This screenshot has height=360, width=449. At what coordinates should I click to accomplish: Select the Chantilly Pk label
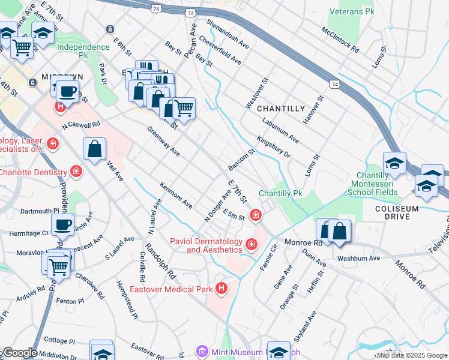pyautogui.click(x=280, y=194)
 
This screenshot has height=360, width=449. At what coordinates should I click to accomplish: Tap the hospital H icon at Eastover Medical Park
pyautogui.click(x=221, y=289)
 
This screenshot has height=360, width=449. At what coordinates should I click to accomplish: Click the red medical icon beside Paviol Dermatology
pyautogui.click(x=250, y=244)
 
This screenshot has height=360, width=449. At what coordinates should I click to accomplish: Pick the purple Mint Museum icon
pyautogui.click(x=202, y=351)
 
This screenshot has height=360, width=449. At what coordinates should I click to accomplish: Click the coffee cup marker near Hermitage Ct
pyautogui.click(x=62, y=225)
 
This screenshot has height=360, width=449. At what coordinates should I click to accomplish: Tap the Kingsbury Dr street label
pyautogui.click(x=274, y=147)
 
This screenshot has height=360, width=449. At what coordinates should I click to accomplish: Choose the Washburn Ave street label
pyautogui.click(x=359, y=259)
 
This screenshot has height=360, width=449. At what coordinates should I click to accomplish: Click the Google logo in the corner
pyautogui.click(x=20, y=353)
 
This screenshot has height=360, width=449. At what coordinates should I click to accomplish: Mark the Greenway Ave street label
pyautogui.click(x=164, y=142)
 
